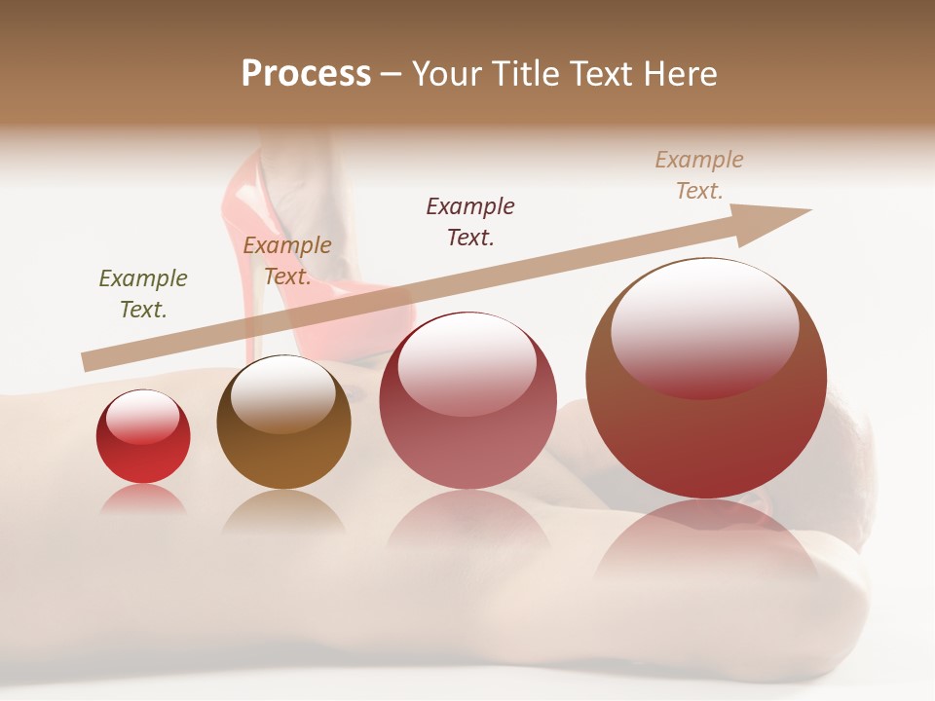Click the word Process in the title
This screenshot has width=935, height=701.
tap(306, 74)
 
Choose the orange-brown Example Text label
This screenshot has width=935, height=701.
tap(287, 261)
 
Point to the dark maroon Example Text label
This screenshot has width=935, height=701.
tap(470, 221)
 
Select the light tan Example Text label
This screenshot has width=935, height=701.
tap(699, 175)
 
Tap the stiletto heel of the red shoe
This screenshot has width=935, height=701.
tap(249, 292)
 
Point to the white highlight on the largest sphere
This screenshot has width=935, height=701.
tap(704, 316)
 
